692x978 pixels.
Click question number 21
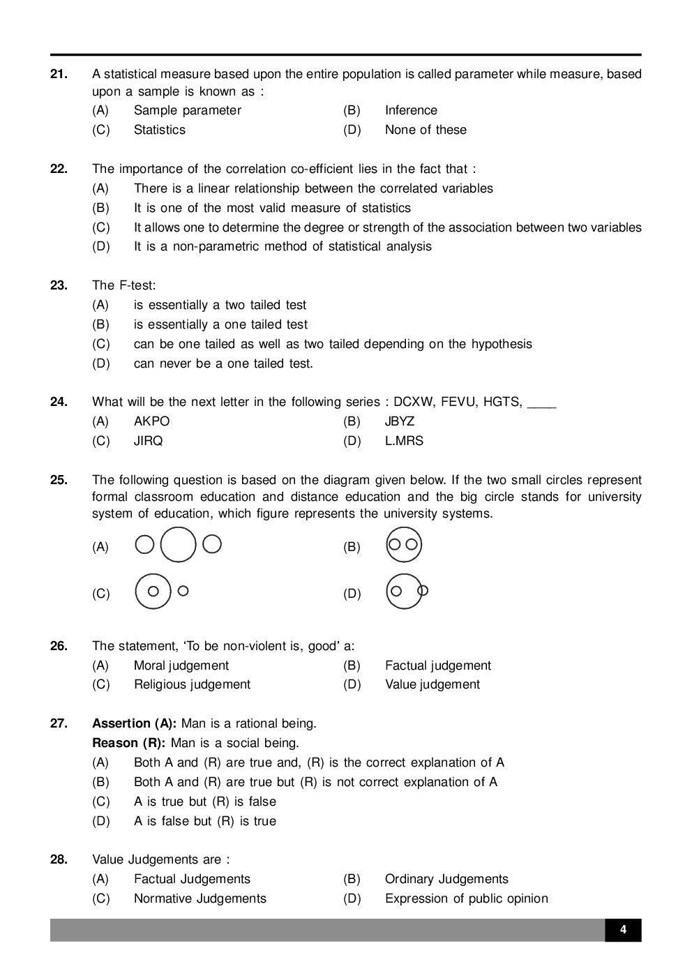(59, 74)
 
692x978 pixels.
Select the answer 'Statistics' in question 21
(159, 130)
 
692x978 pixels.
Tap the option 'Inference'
(411, 110)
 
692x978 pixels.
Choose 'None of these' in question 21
(426, 130)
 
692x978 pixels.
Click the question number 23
(59, 285)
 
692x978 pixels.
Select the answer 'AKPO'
(151, 421)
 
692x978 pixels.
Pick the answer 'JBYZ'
(400, 421)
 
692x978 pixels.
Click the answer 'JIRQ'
(148, 441)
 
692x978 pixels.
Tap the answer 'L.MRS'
(404, 441)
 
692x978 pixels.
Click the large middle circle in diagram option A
(179, 544)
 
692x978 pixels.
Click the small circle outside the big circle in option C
(183, 591)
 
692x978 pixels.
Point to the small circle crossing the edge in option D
(422, 591)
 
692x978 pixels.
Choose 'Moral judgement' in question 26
(181, 665)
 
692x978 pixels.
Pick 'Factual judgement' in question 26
(437, 665)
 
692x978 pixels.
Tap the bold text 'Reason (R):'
(128, 743)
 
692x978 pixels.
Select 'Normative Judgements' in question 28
(200, 898)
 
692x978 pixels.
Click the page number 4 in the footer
(623, 930)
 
